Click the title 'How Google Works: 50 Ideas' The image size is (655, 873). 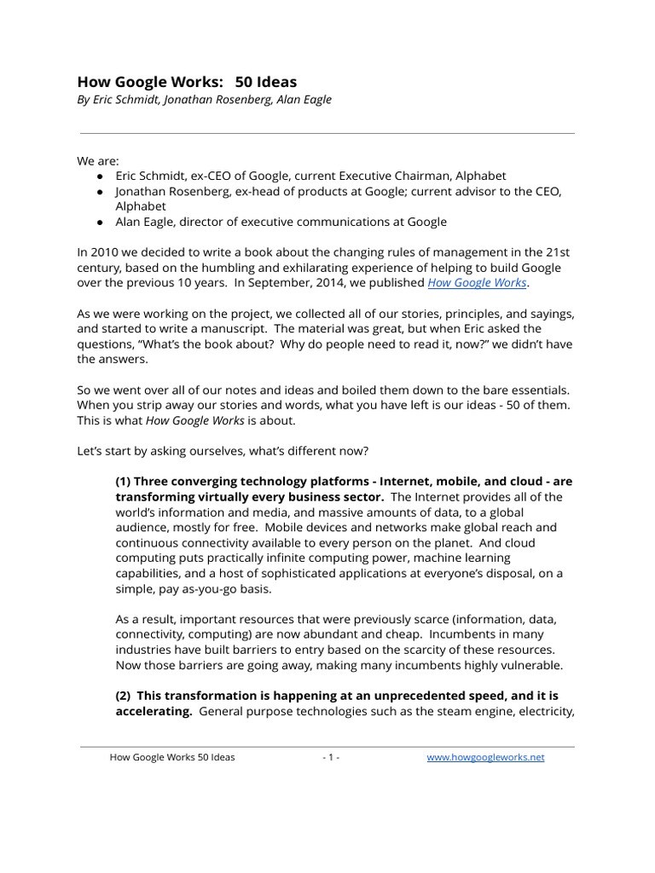click(x=187, y=82)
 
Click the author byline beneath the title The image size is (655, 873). click(x=205, y=100)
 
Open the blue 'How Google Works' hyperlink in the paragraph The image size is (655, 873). click(x=477, y=282)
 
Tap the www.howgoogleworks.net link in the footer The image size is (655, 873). click(x=485, y=757)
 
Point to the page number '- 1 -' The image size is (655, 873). click(x=331, y=757)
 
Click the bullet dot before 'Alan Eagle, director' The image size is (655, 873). click(x=101, y=222)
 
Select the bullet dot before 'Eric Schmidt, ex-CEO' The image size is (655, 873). click(x=101, y=176)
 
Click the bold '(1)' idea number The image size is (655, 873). click(x=124, y=482)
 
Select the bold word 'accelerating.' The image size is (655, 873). click(x=154, y=711)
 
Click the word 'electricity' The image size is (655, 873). click(x=542, y=711)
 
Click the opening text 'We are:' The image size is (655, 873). click(x=98, y=160)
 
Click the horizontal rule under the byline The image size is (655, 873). click(x=327, y=133)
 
